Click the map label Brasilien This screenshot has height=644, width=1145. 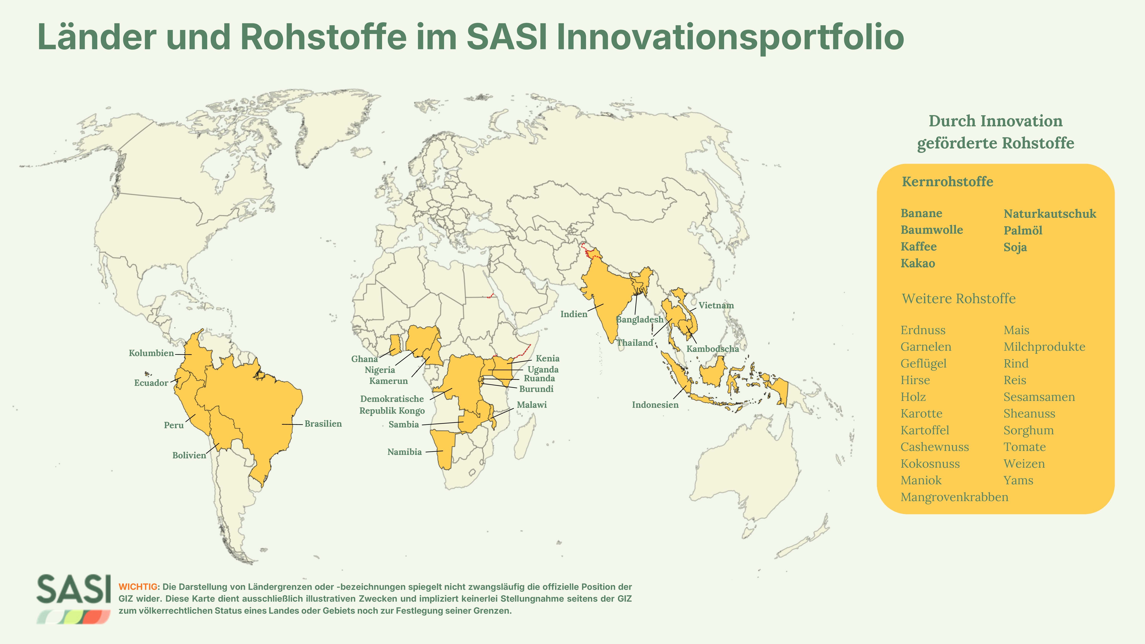point(323,424)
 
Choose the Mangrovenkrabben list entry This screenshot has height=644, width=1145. point(954,497)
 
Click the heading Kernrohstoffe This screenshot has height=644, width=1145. point(947,182)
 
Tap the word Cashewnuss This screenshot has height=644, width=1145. point(935,447)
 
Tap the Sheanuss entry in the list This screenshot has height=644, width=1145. point(1029,414)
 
